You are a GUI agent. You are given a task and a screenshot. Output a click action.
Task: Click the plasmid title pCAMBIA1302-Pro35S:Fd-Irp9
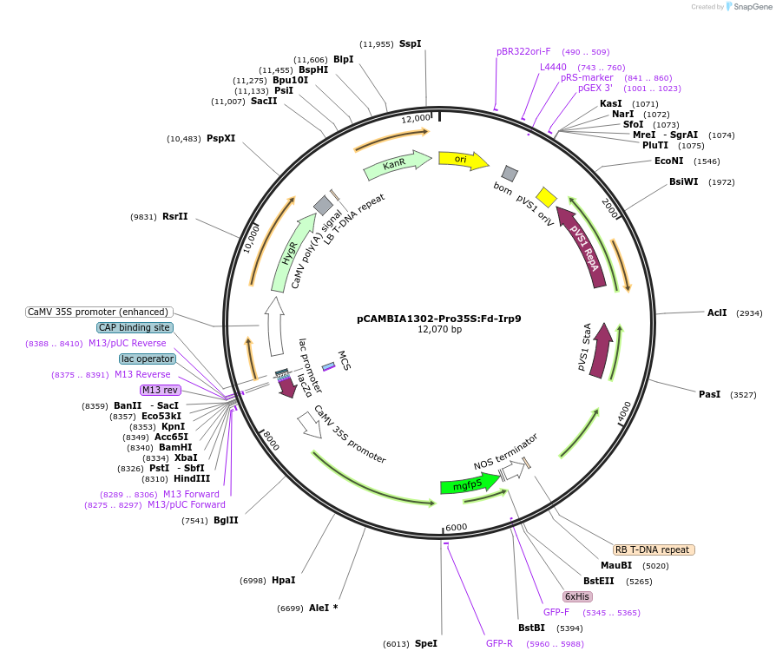[438, 319]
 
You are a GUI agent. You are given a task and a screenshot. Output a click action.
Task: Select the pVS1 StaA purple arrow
[600, 351]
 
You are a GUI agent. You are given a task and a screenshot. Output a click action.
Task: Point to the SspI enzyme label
[410, 43]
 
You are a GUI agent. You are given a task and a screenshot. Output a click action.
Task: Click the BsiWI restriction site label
[684, 181]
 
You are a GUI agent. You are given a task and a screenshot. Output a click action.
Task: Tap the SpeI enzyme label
[426, 643]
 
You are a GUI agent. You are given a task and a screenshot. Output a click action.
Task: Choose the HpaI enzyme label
[283, 580]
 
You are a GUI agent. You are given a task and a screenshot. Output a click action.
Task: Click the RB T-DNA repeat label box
[653, 549]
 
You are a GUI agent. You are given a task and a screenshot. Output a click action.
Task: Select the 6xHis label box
[577, 596]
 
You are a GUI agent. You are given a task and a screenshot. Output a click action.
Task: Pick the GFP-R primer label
[499, 643]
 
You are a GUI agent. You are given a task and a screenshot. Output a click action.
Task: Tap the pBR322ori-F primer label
[523, 51]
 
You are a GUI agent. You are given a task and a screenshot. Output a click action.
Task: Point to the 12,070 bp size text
[439, 330]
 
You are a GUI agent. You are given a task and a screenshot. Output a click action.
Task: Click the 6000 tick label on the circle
[457, 527]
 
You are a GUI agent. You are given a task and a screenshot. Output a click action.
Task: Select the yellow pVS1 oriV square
[546, 197]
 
